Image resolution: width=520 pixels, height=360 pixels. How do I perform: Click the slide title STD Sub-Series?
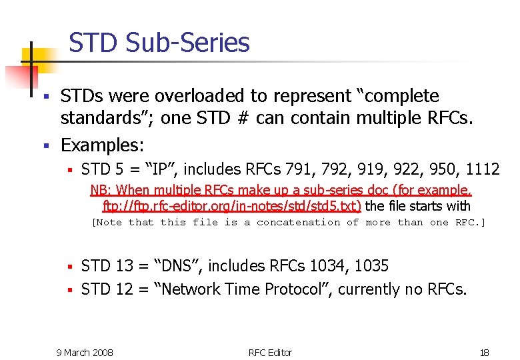tap(159, 43)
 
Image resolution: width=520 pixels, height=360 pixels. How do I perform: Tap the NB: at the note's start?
tap(101, 190)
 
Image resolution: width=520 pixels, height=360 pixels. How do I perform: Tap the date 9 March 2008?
tap(85, 352)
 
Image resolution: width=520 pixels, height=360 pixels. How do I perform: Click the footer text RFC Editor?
tap(270, 352)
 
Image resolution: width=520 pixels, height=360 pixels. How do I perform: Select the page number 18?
tap(485, 352)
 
